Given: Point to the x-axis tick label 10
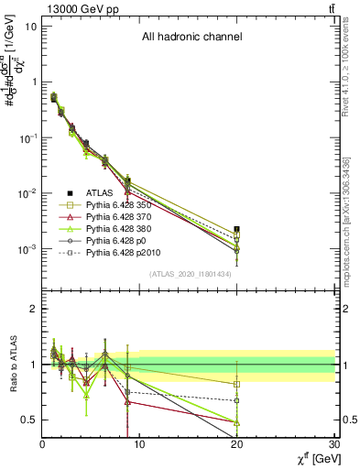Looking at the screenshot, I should coord(140,446).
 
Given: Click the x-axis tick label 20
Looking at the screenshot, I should coord(238,446).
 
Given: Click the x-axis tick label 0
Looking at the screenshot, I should coord(42,446).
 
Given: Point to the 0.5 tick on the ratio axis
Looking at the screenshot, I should coord(27,420).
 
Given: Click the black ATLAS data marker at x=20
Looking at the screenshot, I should coord(237,229).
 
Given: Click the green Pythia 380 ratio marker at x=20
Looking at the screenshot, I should coord(237,422).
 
